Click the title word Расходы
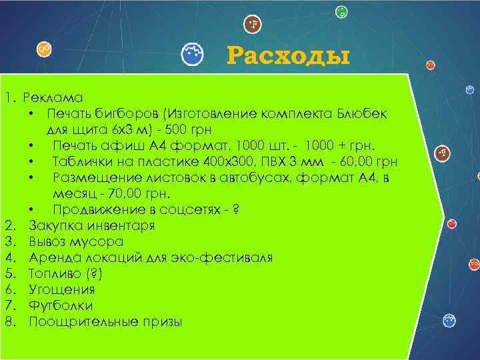(288, 56)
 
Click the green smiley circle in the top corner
(341, 11)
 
